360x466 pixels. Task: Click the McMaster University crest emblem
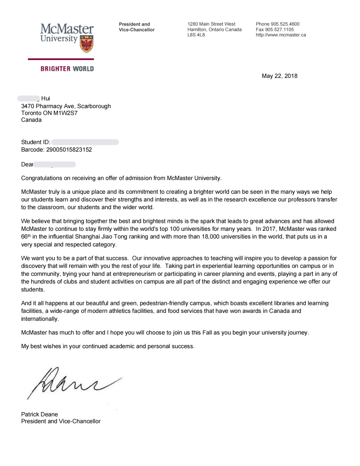(86, 44)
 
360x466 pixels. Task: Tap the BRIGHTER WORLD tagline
(67, 69)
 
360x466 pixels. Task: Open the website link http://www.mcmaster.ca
(281, 35)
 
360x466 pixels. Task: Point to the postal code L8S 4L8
(196, 35)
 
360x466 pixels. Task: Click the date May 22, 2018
(280, 76)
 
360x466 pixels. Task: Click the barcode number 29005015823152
(70, 150)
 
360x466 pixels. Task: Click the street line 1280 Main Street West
(211, 24)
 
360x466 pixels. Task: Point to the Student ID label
(36, 142)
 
